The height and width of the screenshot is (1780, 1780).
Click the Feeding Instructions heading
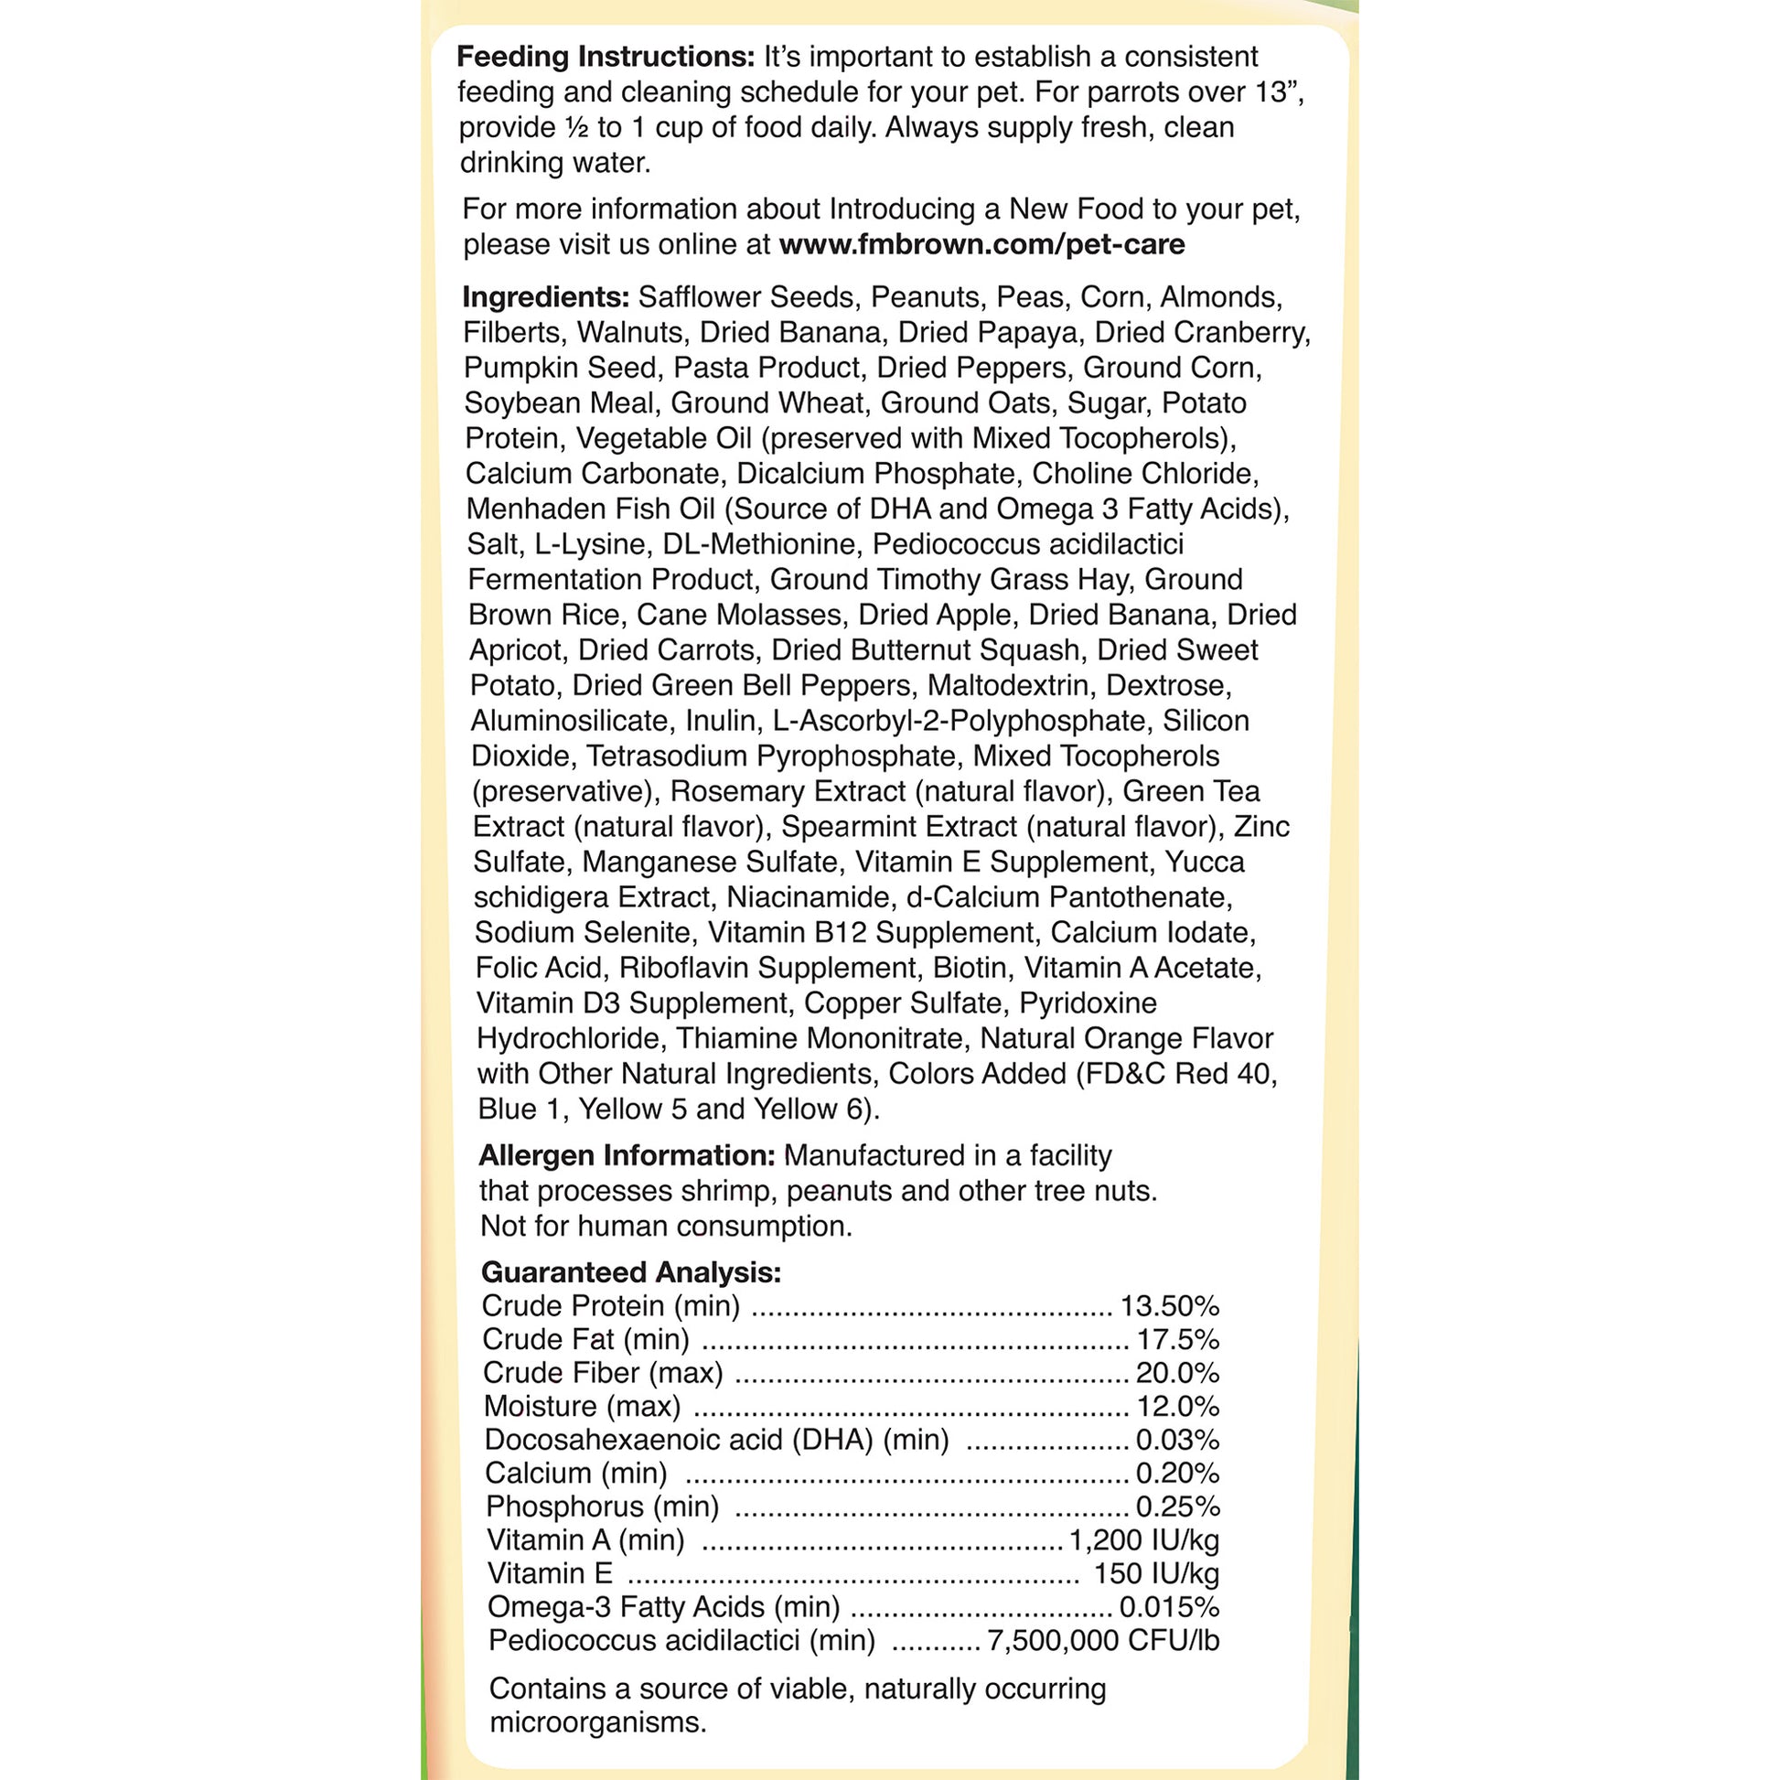tap(606, 57)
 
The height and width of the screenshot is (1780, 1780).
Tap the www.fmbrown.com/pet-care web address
tap(981, 244)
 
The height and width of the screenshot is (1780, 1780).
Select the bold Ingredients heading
tap(545, 296)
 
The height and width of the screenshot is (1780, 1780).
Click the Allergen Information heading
tap(627, 1155)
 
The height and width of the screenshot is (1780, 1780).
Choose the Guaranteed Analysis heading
tap(631, 1272)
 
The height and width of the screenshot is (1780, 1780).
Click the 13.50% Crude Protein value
tap(1169, 1306)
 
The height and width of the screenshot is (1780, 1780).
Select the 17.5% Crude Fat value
tap(1177, 1340)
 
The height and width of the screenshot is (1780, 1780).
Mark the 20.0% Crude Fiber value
tap(1177, 1373)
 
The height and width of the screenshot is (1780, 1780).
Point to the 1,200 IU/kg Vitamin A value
tap(1143, 1539)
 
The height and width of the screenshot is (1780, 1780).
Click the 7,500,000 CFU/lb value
tap(1103, 1640)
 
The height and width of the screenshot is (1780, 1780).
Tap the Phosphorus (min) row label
tap(603, 1507)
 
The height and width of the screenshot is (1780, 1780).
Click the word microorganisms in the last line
tap(598, 1722)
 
